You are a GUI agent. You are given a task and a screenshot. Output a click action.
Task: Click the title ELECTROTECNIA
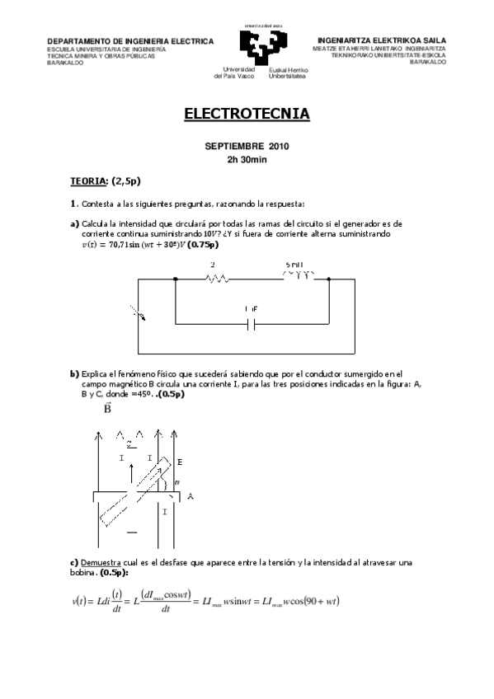pyautogui.click(x=247, y=114)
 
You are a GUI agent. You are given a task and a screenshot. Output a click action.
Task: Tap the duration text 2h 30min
pyautogui.click(x=247, y=160)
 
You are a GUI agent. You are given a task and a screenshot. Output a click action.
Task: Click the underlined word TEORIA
pyautogui.click(x=88, y=180)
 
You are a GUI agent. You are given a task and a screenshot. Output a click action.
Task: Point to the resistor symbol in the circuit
pyautogui.click(x=217, y=279)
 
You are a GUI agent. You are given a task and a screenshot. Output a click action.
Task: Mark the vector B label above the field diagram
pyautogui.click(x=109, y=408)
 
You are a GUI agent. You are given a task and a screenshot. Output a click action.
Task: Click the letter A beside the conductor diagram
pyautogui.click(x=191, y=496)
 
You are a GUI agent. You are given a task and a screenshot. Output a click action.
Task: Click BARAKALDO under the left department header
pyautogui.click(x=65, y=62)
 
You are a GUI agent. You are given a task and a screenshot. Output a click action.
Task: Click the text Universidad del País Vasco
pyautogui.click(x=235, y=73)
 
